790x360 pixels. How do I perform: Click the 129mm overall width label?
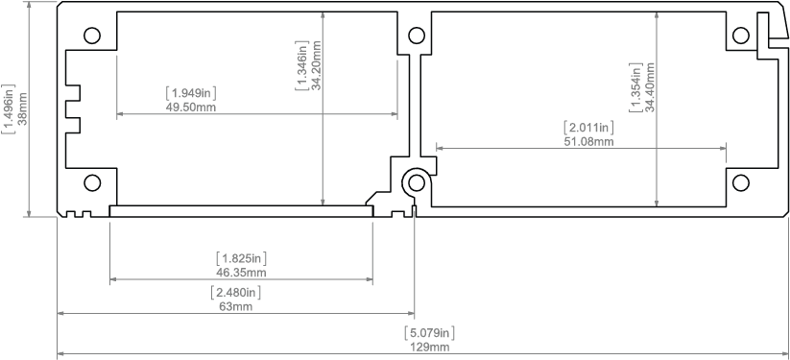[x=430, y=348]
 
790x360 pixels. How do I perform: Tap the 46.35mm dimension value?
[x=241, y=273]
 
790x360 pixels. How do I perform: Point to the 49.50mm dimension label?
[x=191, y=107]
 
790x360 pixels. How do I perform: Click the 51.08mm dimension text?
[x=588, y=141]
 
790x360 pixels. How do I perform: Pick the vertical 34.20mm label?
[x=317, y=65]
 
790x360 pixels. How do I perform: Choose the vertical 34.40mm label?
[x=650, y=86]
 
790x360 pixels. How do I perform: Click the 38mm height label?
[x=23, y=108]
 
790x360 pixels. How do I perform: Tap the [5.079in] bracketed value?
[x=430, y=333]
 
